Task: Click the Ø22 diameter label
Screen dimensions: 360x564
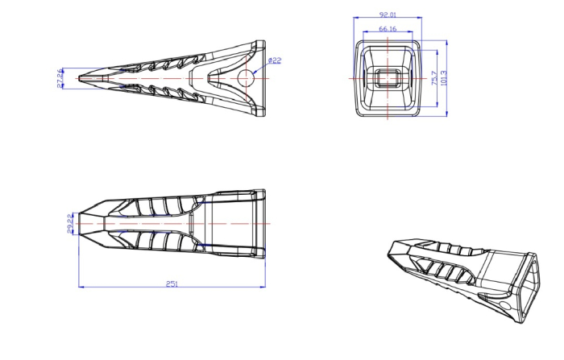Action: point(274,60)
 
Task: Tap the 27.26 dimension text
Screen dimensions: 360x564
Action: point(60,78)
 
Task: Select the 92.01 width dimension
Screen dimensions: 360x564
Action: point(388,14)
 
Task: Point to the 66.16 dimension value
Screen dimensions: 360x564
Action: point(388,29)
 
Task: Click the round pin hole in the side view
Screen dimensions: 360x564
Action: point(247,78)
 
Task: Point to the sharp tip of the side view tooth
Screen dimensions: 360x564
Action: point(79,78)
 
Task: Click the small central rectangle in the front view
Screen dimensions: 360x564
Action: point(388,79)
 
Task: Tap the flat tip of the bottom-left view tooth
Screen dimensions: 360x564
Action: point(80,222)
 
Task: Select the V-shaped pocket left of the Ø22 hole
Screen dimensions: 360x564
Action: point(211,78)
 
